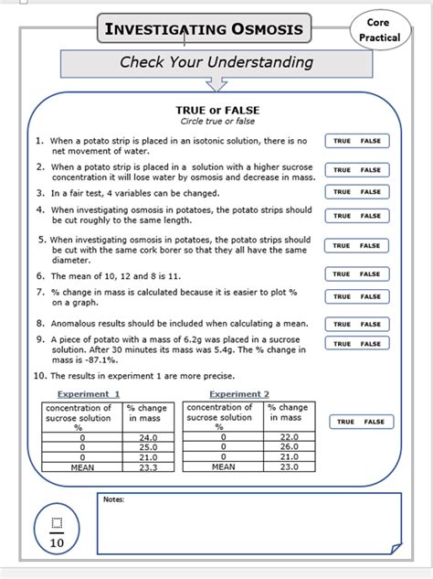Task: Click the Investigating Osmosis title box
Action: click(x=202, y=30)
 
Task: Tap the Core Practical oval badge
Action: click(x=378, y=30)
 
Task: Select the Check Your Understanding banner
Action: click(x=216, y=63)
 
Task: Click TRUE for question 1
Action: click(x=342, y=141)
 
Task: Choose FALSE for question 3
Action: click(x=371, y=192)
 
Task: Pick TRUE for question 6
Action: click(x=342, y=274)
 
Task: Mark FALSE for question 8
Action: click(x=371, y=324)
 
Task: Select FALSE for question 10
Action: click(x=375, y=422)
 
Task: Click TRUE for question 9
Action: click(x=342, y=344)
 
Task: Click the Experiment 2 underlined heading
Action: click(x=239, y=394)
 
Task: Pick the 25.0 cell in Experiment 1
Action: click(x=148, y=447)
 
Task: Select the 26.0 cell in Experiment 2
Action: click(x=290, y=447)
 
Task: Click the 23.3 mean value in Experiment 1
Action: click(x=148, y=466)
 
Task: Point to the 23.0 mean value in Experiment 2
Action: click(x=290, y=466)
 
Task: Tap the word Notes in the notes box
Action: click(x=113, y=499)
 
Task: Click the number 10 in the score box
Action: click(x=56, y=541)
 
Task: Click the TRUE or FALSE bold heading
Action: click(x=216, y=110)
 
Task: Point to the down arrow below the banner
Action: click(x=216, y=84)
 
